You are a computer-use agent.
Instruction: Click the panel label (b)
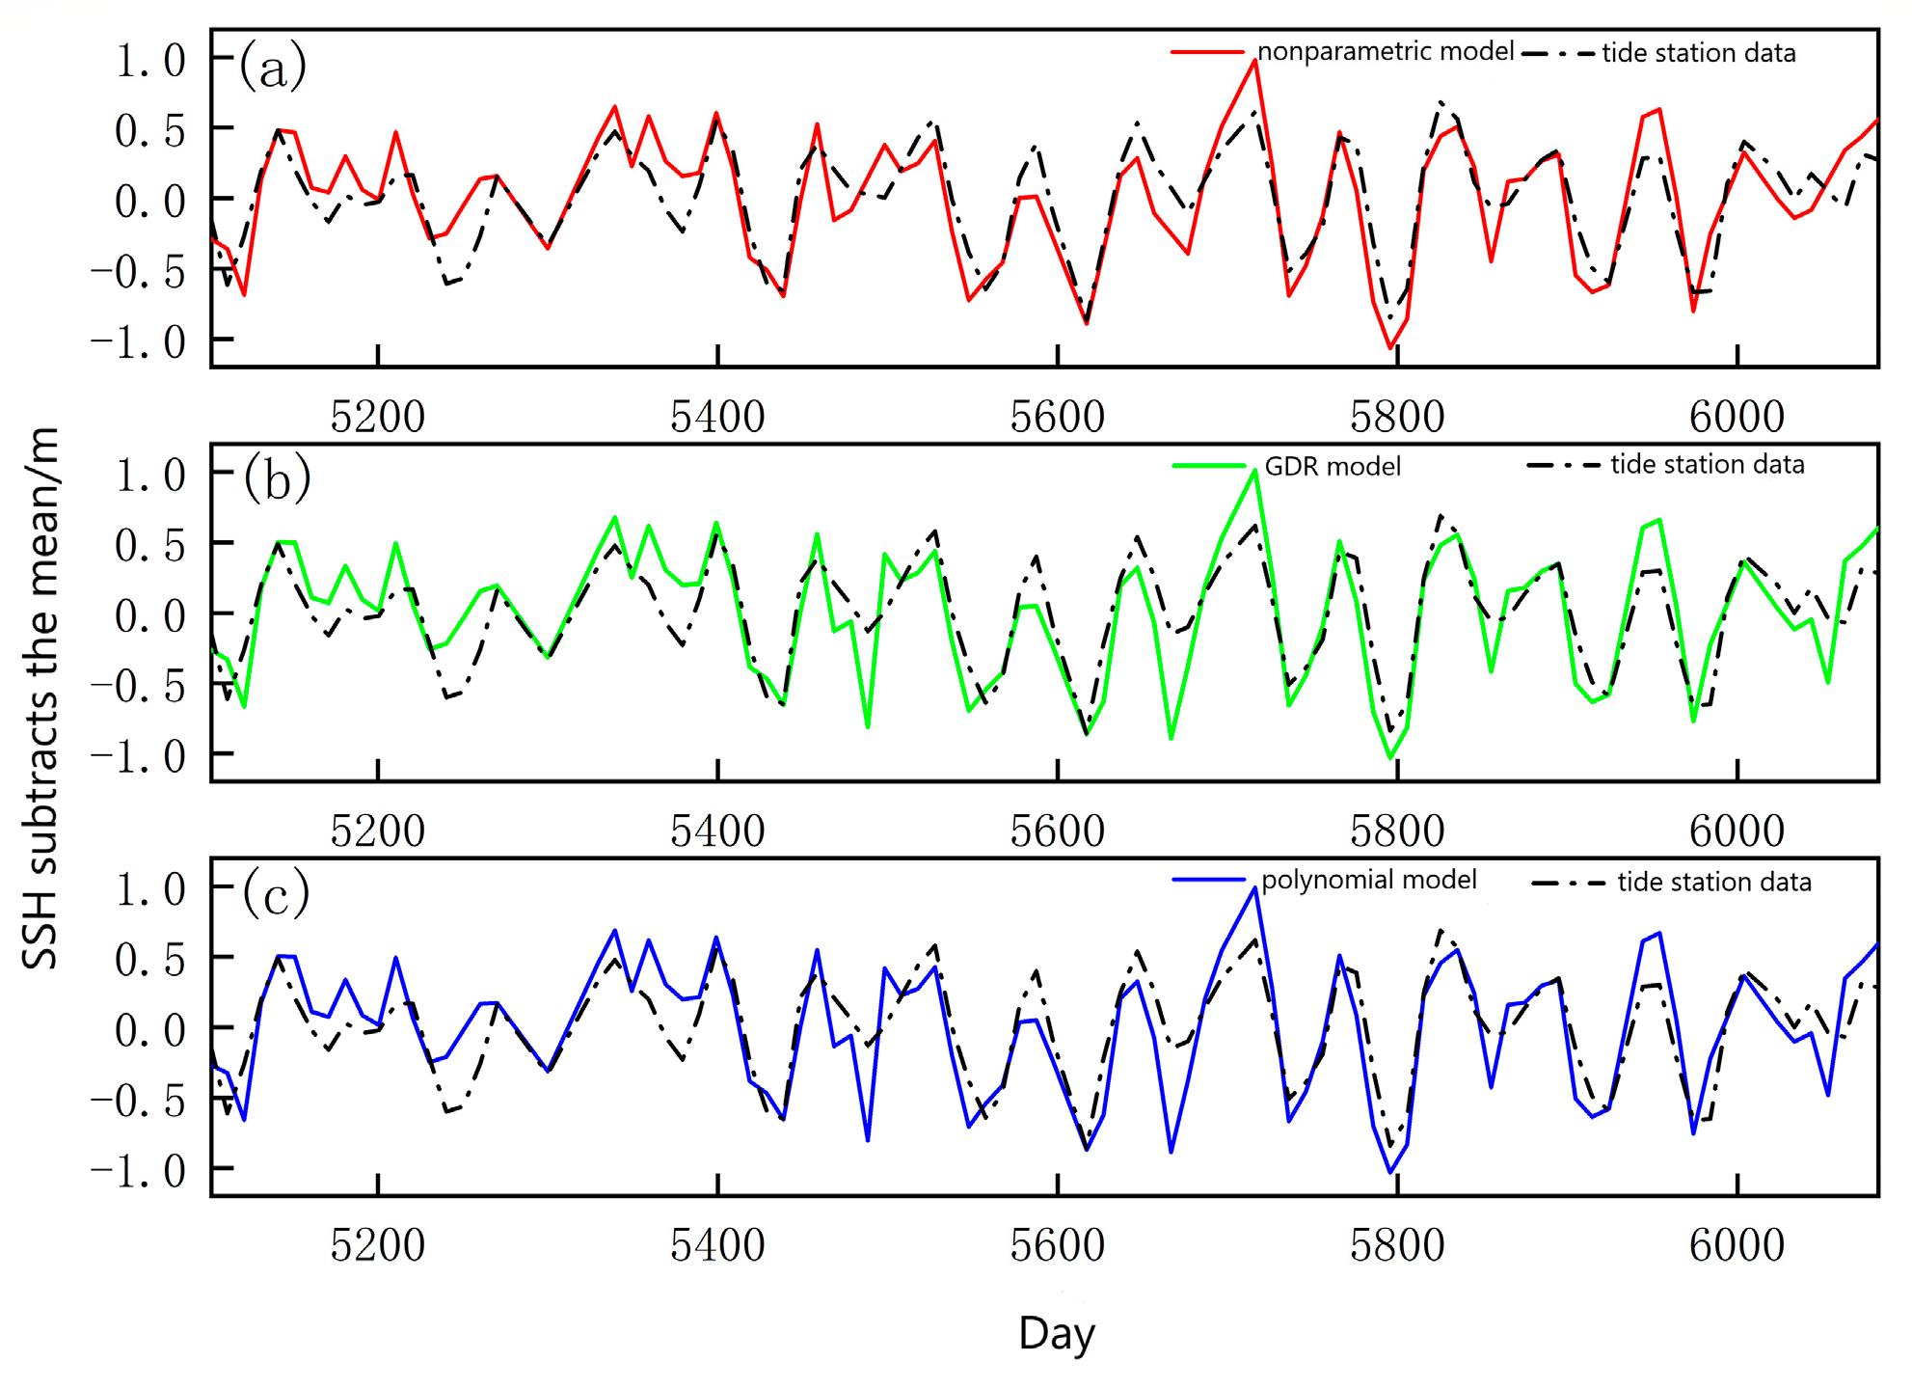click(x=277, y=478)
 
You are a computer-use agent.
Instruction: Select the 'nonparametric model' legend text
click(x=1386, y=51)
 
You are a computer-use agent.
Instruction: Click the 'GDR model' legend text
click(x=1333, y=467)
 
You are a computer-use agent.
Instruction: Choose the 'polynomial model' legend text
click(x=1369, y=880)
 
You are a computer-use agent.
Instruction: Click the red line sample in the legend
click(x=1207, y=52)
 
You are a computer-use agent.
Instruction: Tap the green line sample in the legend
click(x=1209, y=467)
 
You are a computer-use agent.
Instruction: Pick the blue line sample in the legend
click(x=1209, y=880)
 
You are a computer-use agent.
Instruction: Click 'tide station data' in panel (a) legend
click(x=1699, y=53)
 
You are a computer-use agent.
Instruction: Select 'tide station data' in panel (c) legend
click(x=1714, y=883)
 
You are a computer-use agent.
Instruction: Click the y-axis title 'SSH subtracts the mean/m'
click(x=40, y=696)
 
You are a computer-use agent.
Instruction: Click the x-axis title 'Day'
click(x=1057, y=1334)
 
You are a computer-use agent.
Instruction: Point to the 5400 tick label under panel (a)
click(x=717, y=417)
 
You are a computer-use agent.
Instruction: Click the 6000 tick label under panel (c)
click(x=1737, y=1245)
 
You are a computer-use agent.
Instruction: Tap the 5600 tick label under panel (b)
click(x=1057, y=831)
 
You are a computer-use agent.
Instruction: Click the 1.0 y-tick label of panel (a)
click(x=150, y=61)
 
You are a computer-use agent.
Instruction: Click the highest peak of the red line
click(x=1254, y=60)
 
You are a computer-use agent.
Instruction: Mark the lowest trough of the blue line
click(x=1390, y=1172)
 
